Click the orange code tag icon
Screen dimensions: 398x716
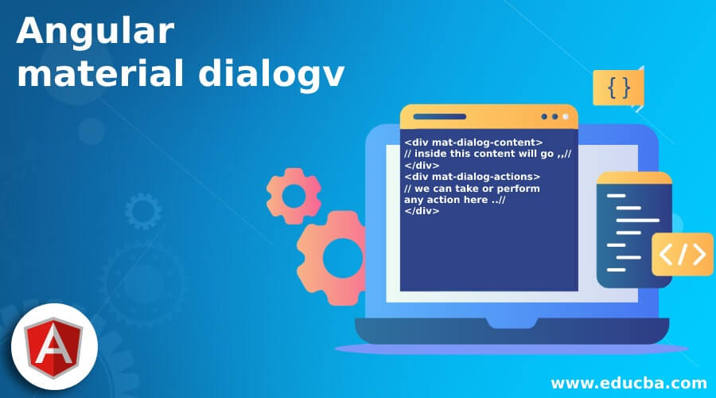[682, 254]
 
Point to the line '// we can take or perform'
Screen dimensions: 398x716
[472, 189]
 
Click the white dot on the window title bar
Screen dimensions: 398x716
[566, 116]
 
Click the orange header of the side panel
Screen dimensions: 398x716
[634, 179]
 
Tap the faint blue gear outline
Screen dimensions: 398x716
[143, 212]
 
